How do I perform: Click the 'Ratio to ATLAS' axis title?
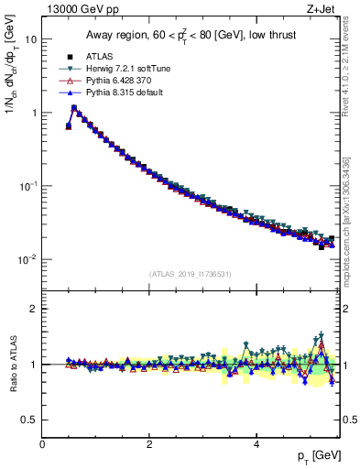tap(13, 364)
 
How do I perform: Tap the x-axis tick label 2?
tap(149, 444)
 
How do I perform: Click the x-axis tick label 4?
tap(256, 444)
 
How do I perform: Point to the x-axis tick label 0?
tap(42, 444)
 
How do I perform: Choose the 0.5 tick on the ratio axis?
tap(29, 420)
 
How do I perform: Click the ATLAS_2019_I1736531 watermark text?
tap(191, 274)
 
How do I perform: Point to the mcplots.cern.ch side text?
tap(351, 229)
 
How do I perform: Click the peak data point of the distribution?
tap(74, 108)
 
